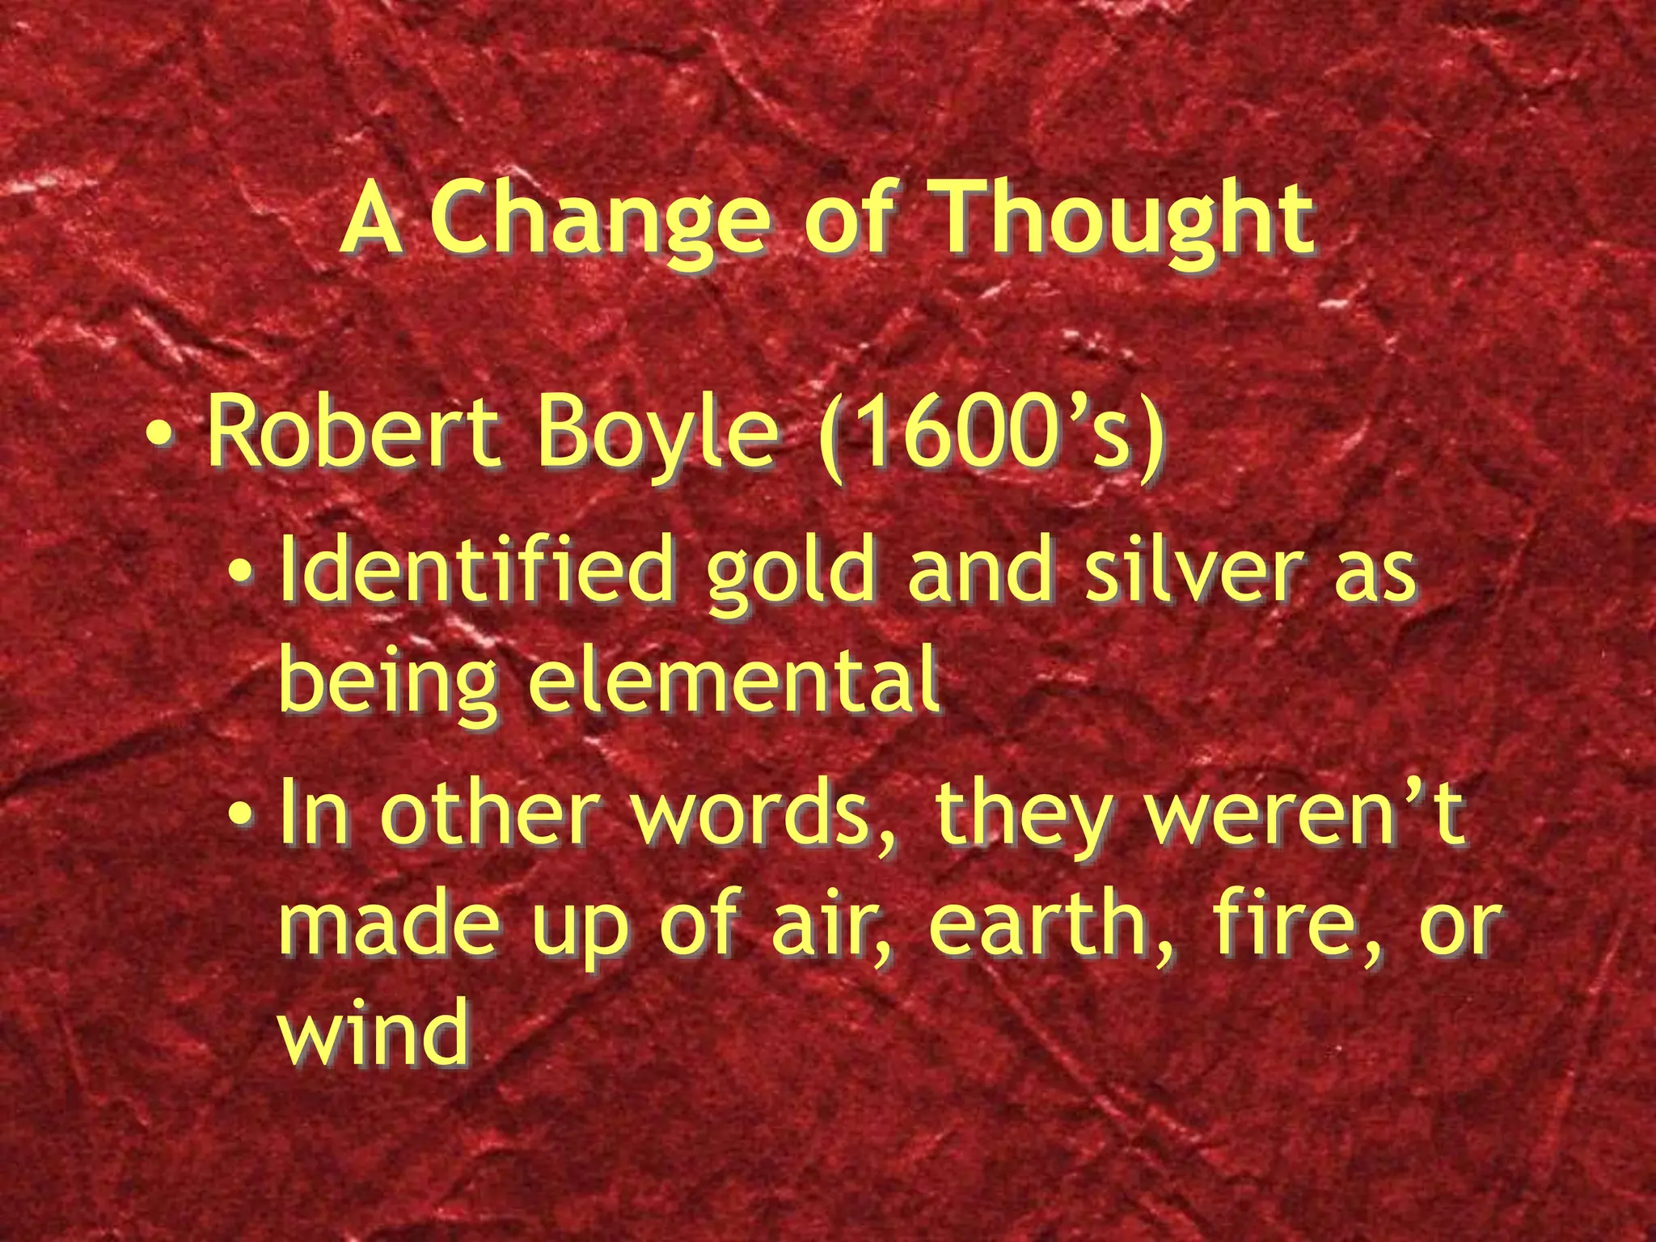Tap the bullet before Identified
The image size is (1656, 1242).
tap(239, 576)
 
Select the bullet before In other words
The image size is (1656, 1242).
tap(239, 817)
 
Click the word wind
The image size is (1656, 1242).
tap(374, 1030)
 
